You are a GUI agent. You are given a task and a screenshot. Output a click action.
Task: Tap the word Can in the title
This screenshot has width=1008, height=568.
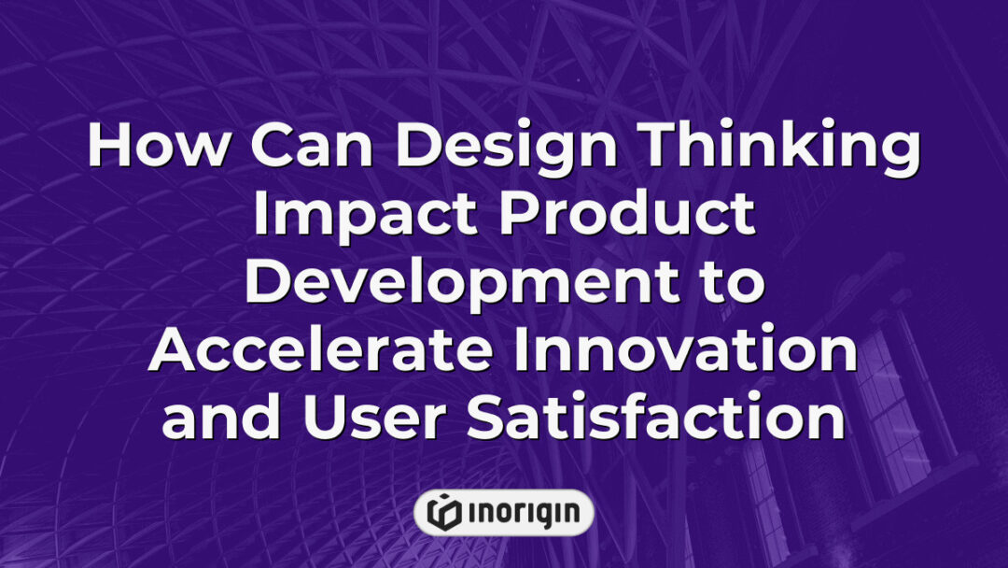click(288, 149)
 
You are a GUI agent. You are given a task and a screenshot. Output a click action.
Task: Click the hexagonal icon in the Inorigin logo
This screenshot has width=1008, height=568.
click(443, 512)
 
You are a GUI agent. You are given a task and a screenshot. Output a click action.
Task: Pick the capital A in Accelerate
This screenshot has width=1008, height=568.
click(175, 351)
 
